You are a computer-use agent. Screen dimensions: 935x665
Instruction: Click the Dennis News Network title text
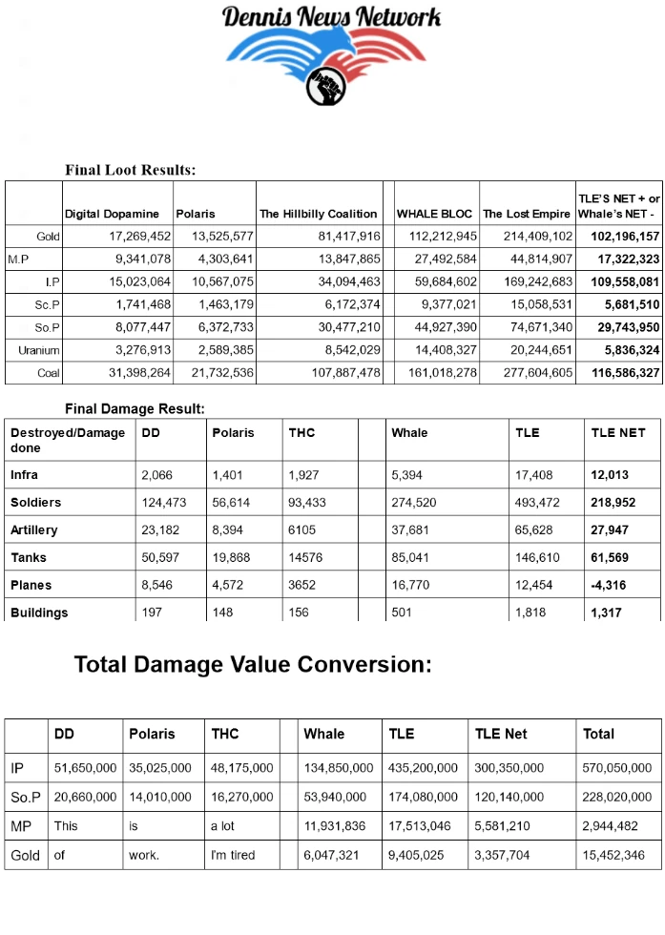pos(331,16)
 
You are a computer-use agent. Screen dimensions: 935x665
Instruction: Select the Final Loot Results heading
pos(130,170)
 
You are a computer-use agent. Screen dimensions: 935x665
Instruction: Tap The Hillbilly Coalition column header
pos(318,214)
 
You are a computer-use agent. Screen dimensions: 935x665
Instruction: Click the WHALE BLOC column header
pos(434,214)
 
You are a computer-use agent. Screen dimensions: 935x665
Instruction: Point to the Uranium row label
pos(39,350)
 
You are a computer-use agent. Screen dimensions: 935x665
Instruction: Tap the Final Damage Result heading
pos(135,408)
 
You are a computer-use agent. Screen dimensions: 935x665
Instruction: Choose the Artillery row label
pos(34,530)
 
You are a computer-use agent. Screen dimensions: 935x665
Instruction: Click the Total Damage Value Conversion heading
pos(253,665)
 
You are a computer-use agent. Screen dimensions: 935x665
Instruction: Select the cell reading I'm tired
pos(233,855)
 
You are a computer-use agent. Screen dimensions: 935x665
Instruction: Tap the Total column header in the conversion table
pos(598,734)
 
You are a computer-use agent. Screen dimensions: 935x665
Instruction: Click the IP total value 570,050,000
pos(616,768)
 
